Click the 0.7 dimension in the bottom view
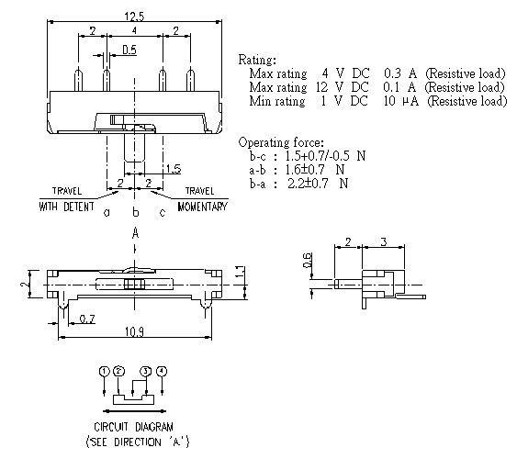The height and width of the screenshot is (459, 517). [85, 318]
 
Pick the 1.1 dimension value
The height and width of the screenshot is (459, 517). [239, 274]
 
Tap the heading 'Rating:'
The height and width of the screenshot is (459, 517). [256, 59]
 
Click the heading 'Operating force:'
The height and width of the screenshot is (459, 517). [280, 142]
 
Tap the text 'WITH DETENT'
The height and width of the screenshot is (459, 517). [66, 207]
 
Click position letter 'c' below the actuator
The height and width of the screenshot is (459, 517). [163, 213]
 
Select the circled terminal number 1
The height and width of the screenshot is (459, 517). [105, 371]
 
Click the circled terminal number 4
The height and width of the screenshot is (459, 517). [162, 371]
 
